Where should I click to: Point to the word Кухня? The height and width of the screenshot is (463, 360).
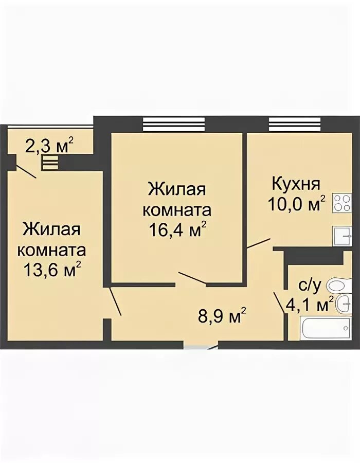coord(296,183)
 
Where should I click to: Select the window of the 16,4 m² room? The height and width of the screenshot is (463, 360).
coord(173,123)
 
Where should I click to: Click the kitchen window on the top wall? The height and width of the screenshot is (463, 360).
coord(295,123)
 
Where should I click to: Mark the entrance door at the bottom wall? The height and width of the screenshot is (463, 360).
coord(201,347)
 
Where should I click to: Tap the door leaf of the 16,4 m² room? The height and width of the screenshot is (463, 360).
coord(192,278)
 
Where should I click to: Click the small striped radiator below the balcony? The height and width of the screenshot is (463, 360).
coord(50,164)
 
